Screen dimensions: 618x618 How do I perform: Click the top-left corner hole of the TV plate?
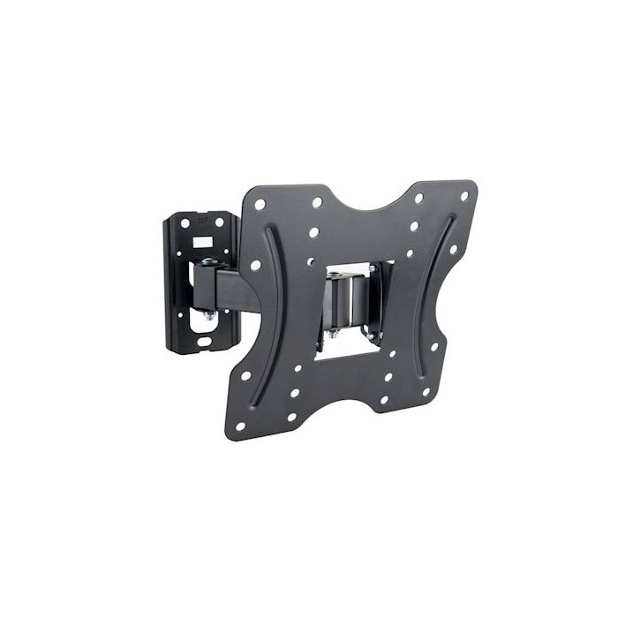[260, 204]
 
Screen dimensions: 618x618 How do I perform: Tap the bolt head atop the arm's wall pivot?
[208, 262]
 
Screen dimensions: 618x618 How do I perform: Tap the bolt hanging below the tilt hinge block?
[333, 335]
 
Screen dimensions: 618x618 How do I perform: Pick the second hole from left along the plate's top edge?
[316, 202]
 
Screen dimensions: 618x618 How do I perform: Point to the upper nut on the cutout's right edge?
[373, 269]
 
